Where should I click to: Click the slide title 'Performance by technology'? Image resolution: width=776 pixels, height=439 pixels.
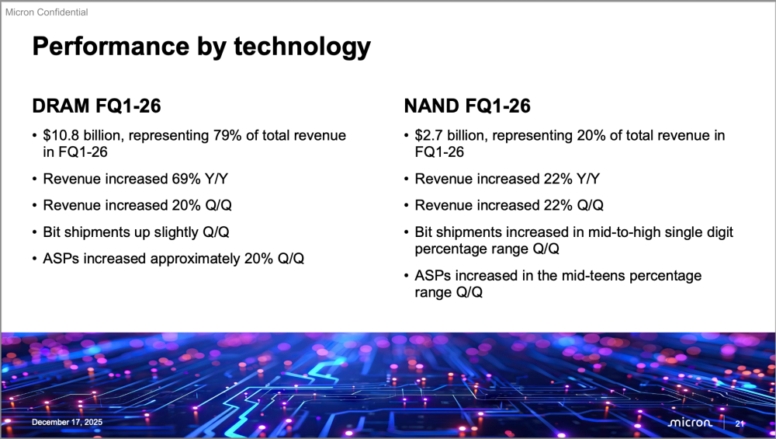pyautogui.click(x=201, y=47)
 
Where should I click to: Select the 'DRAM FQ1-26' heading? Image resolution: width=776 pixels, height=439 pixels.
pyautogui.click(x=96, y=106)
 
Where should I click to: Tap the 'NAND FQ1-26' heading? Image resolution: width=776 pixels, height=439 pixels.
pyautogui.click(x=467, y=106)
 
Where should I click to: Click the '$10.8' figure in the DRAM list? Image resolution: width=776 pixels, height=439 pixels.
pyautogui.click(x=61, y=136)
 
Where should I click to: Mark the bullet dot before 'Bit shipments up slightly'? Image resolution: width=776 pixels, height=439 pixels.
pyautogui.click(x=35, y=232)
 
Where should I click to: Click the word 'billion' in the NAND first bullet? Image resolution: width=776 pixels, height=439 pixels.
pyautogui.click(x=466, y=136)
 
